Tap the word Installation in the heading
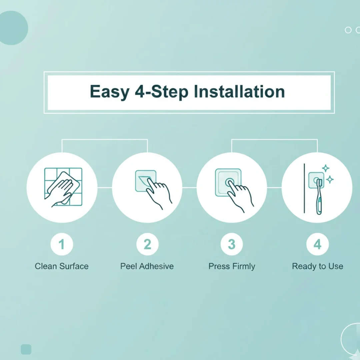point(239,91)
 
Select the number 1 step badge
point(62,244)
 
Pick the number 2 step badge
point(147,244)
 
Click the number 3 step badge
point(232,244)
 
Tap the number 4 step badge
point(318,244)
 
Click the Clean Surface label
point(62,266)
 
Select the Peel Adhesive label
point(147,266)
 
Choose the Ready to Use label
point(318,266)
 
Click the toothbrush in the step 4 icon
point(319,197)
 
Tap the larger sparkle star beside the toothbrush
point(330,179)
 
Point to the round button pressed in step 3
point(230,183)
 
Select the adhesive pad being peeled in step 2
point(146,181)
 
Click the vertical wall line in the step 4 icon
point(304,188)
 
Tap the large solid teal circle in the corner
point(13,28)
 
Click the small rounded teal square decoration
point(26,349)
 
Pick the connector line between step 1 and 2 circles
point(105,188)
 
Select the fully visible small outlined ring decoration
point(348,30)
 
